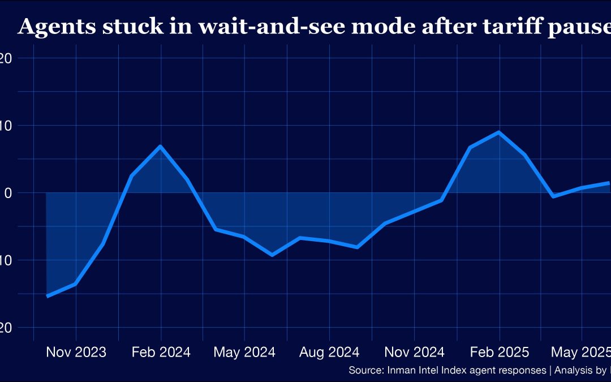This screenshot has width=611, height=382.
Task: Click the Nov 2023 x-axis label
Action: click(76, 352)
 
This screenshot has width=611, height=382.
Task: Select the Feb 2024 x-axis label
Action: click(161, 352)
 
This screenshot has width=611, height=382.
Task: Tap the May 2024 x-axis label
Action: click(244, 352)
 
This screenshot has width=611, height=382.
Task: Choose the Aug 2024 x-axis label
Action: click(329, 352)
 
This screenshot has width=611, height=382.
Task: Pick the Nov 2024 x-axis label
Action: click(414, 352)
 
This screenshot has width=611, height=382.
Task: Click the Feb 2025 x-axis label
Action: click(499, 352)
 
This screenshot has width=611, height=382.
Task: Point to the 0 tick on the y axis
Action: click(8, 193)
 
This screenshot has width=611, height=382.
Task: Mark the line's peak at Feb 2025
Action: click(499, 132)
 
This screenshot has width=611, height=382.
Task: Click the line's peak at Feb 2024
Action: click(161, 147)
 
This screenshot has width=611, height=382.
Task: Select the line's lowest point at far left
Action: click(48, 296)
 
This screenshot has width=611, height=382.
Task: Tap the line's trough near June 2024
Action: click(272, 255)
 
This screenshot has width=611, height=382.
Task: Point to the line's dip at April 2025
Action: click(553, 196)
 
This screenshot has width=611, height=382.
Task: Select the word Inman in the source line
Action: click(399, 371)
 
